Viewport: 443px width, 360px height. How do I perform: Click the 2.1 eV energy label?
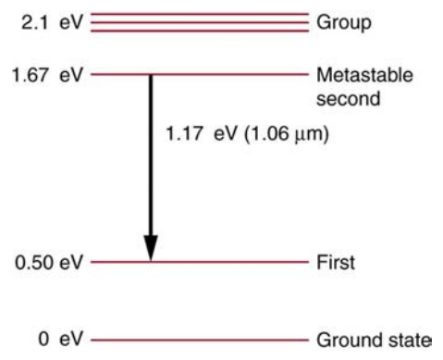[52, 22]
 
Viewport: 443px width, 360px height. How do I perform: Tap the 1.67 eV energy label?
[47, 75]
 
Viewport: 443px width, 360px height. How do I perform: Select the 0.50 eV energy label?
[49, 263]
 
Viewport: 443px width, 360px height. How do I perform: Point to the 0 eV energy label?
[61, 339]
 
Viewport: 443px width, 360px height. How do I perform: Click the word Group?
[344, 23]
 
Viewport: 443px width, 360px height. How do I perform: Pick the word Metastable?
[364, 75]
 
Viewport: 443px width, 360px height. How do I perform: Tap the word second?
[348, 99]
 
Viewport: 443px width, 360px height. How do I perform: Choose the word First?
[336, 263]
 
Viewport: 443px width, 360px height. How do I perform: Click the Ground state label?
[374, 340]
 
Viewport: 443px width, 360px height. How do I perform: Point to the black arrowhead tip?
[151, 261]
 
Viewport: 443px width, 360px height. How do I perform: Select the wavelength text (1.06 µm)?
[287, 134]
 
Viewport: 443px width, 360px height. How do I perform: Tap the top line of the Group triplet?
[200, 14]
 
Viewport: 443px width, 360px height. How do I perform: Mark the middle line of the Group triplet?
[200, 22]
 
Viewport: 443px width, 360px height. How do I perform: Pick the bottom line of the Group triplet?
[200, 31]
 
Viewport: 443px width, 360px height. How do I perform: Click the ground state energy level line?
[200, 340]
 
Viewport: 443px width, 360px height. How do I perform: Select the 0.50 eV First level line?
[200, 262]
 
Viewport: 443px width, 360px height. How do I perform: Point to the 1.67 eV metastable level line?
[200, 74]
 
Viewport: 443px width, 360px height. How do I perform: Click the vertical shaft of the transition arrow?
[151, 155]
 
